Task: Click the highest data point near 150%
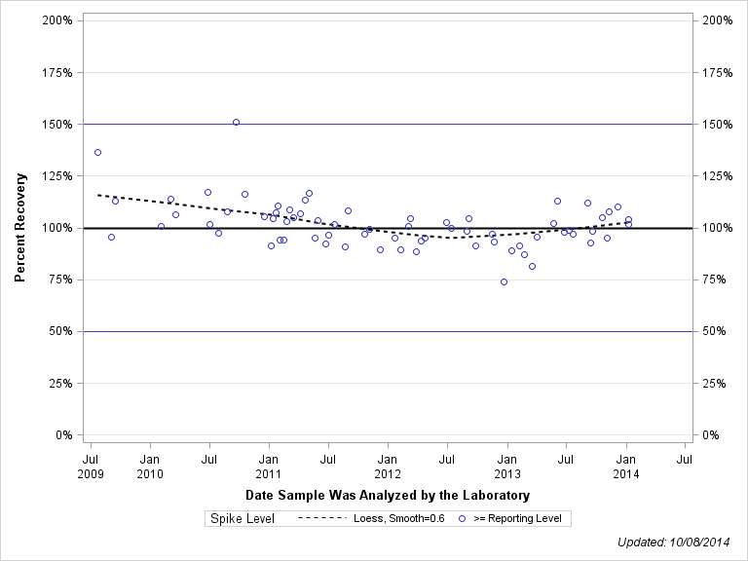(236, 123)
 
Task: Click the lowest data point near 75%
(504, 281)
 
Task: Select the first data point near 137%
(97, 152)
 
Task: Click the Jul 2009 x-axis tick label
(91, 465)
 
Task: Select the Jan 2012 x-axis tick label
(388, 465)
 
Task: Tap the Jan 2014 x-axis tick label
(626, 465)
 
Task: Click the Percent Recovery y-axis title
(20, 228)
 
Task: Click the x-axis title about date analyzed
(388, 496)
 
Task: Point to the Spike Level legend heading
(243, 518)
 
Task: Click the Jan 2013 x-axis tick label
(506, 465)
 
